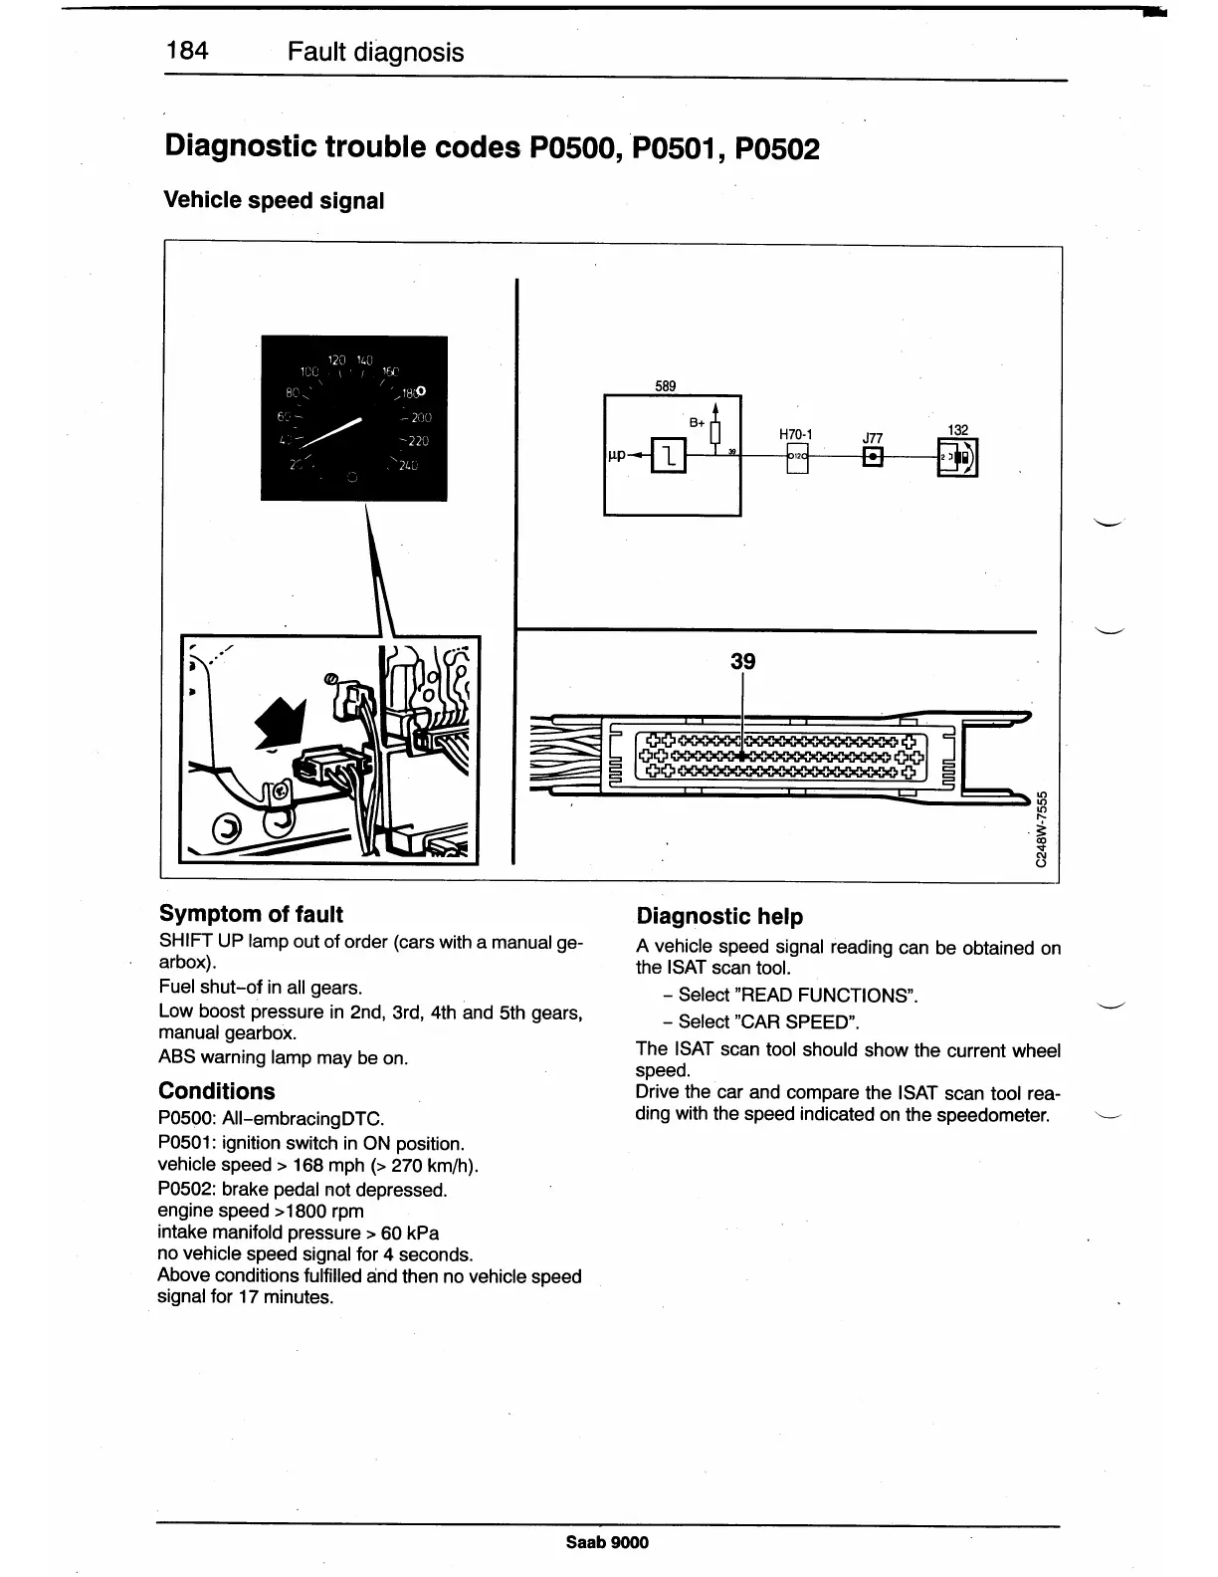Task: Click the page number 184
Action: coord(187,51)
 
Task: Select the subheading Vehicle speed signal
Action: coord(273,200)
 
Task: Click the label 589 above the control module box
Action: coord(666,386)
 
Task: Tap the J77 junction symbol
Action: coord(872,458)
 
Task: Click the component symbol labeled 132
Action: coord(958,458)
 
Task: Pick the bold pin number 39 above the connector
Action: coord(742,661)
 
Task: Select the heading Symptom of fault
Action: coord(251,914)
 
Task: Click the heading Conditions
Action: coord(216,1090)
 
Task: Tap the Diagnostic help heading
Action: coord(719,916)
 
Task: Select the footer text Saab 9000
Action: coord(607,1542)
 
